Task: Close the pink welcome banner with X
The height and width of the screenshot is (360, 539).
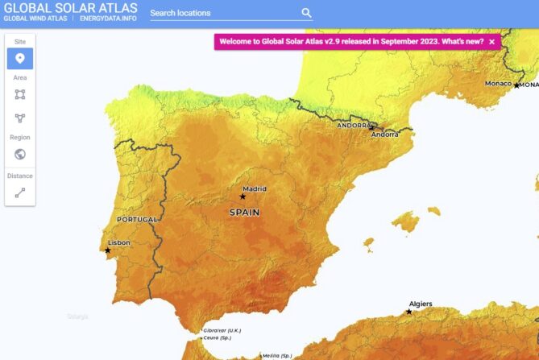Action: tap(491, 41)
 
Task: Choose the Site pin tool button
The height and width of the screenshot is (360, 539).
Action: tap(20, 58)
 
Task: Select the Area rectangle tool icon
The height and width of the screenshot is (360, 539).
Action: tap(20, 94)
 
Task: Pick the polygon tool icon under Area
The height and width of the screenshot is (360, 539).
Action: tap(20, 118)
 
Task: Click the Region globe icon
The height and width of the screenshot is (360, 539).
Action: tap(20, 154)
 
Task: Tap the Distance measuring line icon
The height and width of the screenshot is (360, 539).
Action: tap(20, 192)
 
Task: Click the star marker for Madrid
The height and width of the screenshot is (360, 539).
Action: tap(243, 197)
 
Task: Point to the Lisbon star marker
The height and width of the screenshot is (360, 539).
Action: tap(108, 250)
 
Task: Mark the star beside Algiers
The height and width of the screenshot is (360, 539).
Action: tap(409, 312)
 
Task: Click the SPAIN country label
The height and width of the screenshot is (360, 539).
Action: tap(245, 213)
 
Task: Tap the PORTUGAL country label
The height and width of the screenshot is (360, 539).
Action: tap(137, 219)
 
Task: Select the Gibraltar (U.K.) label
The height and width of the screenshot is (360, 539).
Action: tap(222, 330)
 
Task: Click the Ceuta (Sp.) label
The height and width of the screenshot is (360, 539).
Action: tap(218, 337)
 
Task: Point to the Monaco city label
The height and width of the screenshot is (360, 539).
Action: tap(498, 84)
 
